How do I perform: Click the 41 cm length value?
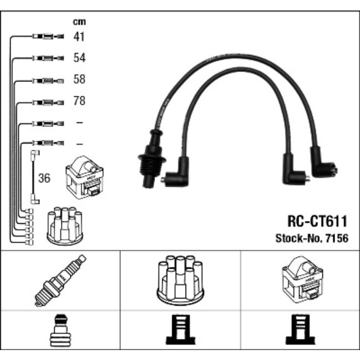tap(80, 37)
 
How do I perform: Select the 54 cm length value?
tap(80, 58)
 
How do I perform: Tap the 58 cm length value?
tap(80, 80)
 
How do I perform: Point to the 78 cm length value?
tap(80, 101)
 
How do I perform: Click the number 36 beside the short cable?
tap(44, 178)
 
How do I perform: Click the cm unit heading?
tap(80, 22)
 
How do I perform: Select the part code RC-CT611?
tap(317, 222)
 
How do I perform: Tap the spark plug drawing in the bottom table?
tap(60, 280)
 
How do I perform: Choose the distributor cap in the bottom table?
tap(181, 280)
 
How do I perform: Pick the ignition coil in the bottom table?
tap(300, 279)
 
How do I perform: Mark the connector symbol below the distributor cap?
tap(179, 331)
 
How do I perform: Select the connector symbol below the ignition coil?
tap(300, 331)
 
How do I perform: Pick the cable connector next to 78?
tap(48, 102)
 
